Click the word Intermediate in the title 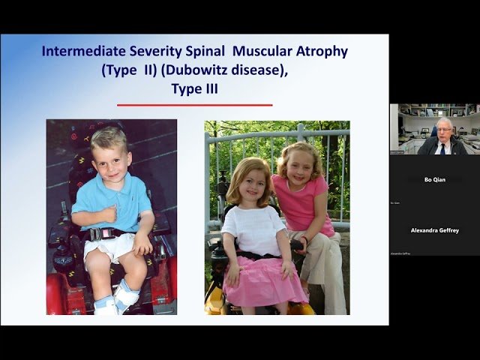(x=78, y=52)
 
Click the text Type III (x=194, y=89)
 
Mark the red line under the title (x=194, y=105)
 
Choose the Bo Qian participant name (x=434, y=180)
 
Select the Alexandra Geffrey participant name (x=434, y=230)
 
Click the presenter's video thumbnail (x=434, y=129)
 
